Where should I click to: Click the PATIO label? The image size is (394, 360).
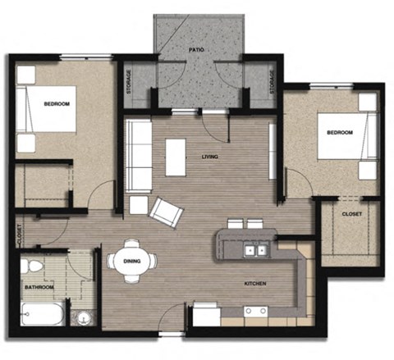pos(196,50)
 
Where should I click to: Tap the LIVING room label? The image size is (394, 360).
pos(220,157)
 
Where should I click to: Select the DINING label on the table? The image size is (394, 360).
pos(131,261)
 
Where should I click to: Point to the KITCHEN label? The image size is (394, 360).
pos(254,284)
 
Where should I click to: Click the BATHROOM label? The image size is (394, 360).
pos(39,287)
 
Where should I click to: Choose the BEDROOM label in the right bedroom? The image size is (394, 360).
pos(339,132)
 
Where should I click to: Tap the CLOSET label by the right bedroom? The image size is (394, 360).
pos(352,214)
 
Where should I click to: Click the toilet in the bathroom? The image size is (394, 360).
pos(34,267)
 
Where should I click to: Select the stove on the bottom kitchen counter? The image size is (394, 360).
pos(255,312)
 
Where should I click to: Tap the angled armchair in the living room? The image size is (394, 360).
pos(167,212)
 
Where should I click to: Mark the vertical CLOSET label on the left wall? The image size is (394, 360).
pos(17,234)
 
